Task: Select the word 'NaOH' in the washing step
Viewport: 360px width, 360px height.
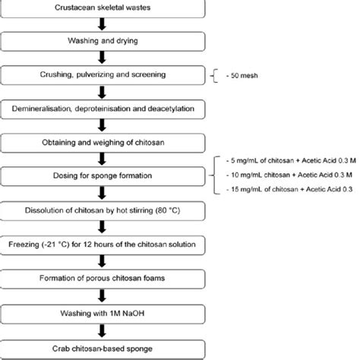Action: pos(132,311)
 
